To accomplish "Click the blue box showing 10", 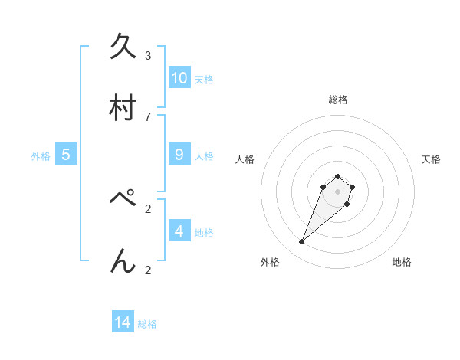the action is pyautogui.click(x=179, y=78).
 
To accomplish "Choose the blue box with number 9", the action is pyautogui.click(x=179, y=155).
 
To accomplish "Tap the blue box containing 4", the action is pyautogui.click(x=179, y=231).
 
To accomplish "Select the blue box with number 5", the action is pyautogui.click(x=66, y=155).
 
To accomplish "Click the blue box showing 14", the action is pyautogui.click(x=123, y=323).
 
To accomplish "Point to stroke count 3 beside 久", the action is pyautogui.click(x=148, y=55).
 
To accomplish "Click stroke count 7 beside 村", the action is pyautogui.click(x=148, y=116).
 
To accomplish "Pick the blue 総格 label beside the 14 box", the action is pyautogui.click(x=147, y=324).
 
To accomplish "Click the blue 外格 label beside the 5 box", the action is pyautogui.click(x=41, y=156).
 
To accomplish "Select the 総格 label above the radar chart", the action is pyautogui.click(x=338, y=100).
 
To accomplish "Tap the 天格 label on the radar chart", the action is pyautogui.click(x=431, y=159).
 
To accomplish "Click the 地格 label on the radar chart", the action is pyautogui.click(x=402, y=262).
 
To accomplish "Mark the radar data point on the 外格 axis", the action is pyautogui.click(x=302, y=242).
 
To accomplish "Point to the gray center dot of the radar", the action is pyautogui.click(x=337, y=191).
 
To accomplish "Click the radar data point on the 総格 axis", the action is pyautogui.click(x=337, y=176).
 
